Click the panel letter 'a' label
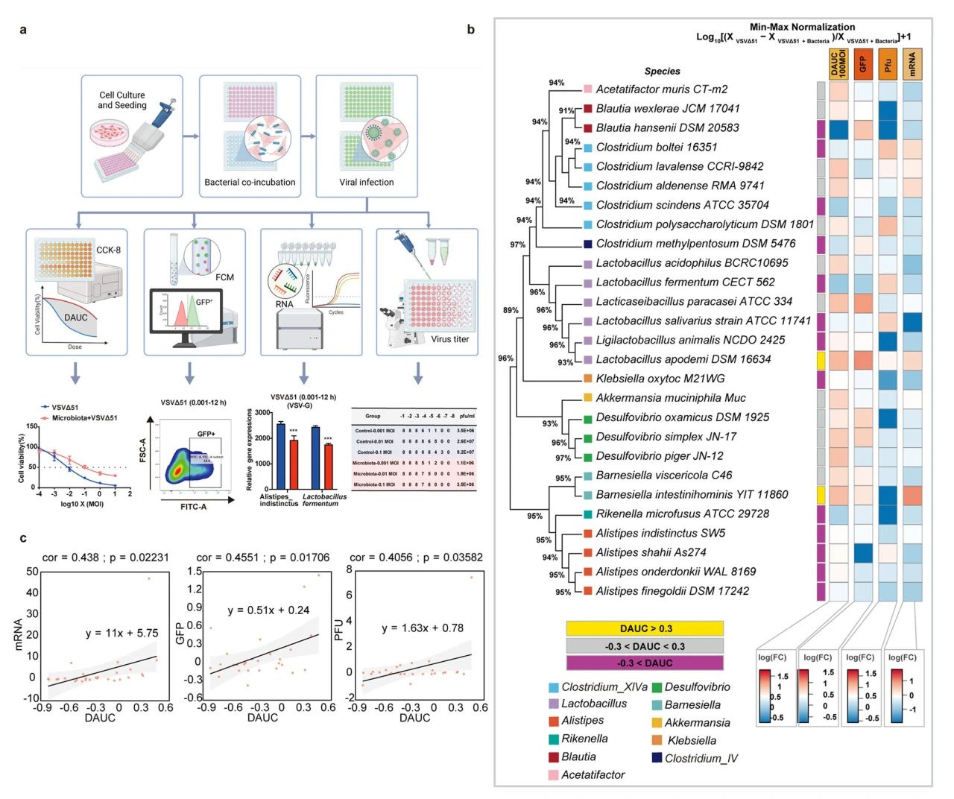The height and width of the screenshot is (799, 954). pyautogui.click(x=23, y=30)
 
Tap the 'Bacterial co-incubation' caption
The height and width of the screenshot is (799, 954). pyautogui.click(x=250, y=182)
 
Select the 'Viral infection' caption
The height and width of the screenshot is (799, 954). pyautogui.click(x=367, y=182)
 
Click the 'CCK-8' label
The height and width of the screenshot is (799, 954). pyautogui.click(x=108, y=250)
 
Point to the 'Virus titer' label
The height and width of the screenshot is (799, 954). pyautogui.click(x=450, y=339)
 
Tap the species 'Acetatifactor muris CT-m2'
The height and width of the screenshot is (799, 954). pyautogui.click(x=662, y=89)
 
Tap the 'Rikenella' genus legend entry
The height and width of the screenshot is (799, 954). pyautogui.click(x=584, y=739)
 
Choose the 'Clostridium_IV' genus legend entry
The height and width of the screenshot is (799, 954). pyautogui.click(x=701, y=758)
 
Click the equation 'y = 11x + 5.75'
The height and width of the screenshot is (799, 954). pyautogui.click(x=121, y=633)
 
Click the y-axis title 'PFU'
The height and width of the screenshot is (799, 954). pyautogui.click(x=339, y=630)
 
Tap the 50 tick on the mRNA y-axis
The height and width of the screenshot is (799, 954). pyautogui.click(x=32, y=572)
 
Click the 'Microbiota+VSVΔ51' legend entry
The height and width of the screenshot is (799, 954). pyautogui.click(x=84, y=418)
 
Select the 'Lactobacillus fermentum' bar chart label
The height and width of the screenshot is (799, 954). pyautogui.click(x=324, y=500)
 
